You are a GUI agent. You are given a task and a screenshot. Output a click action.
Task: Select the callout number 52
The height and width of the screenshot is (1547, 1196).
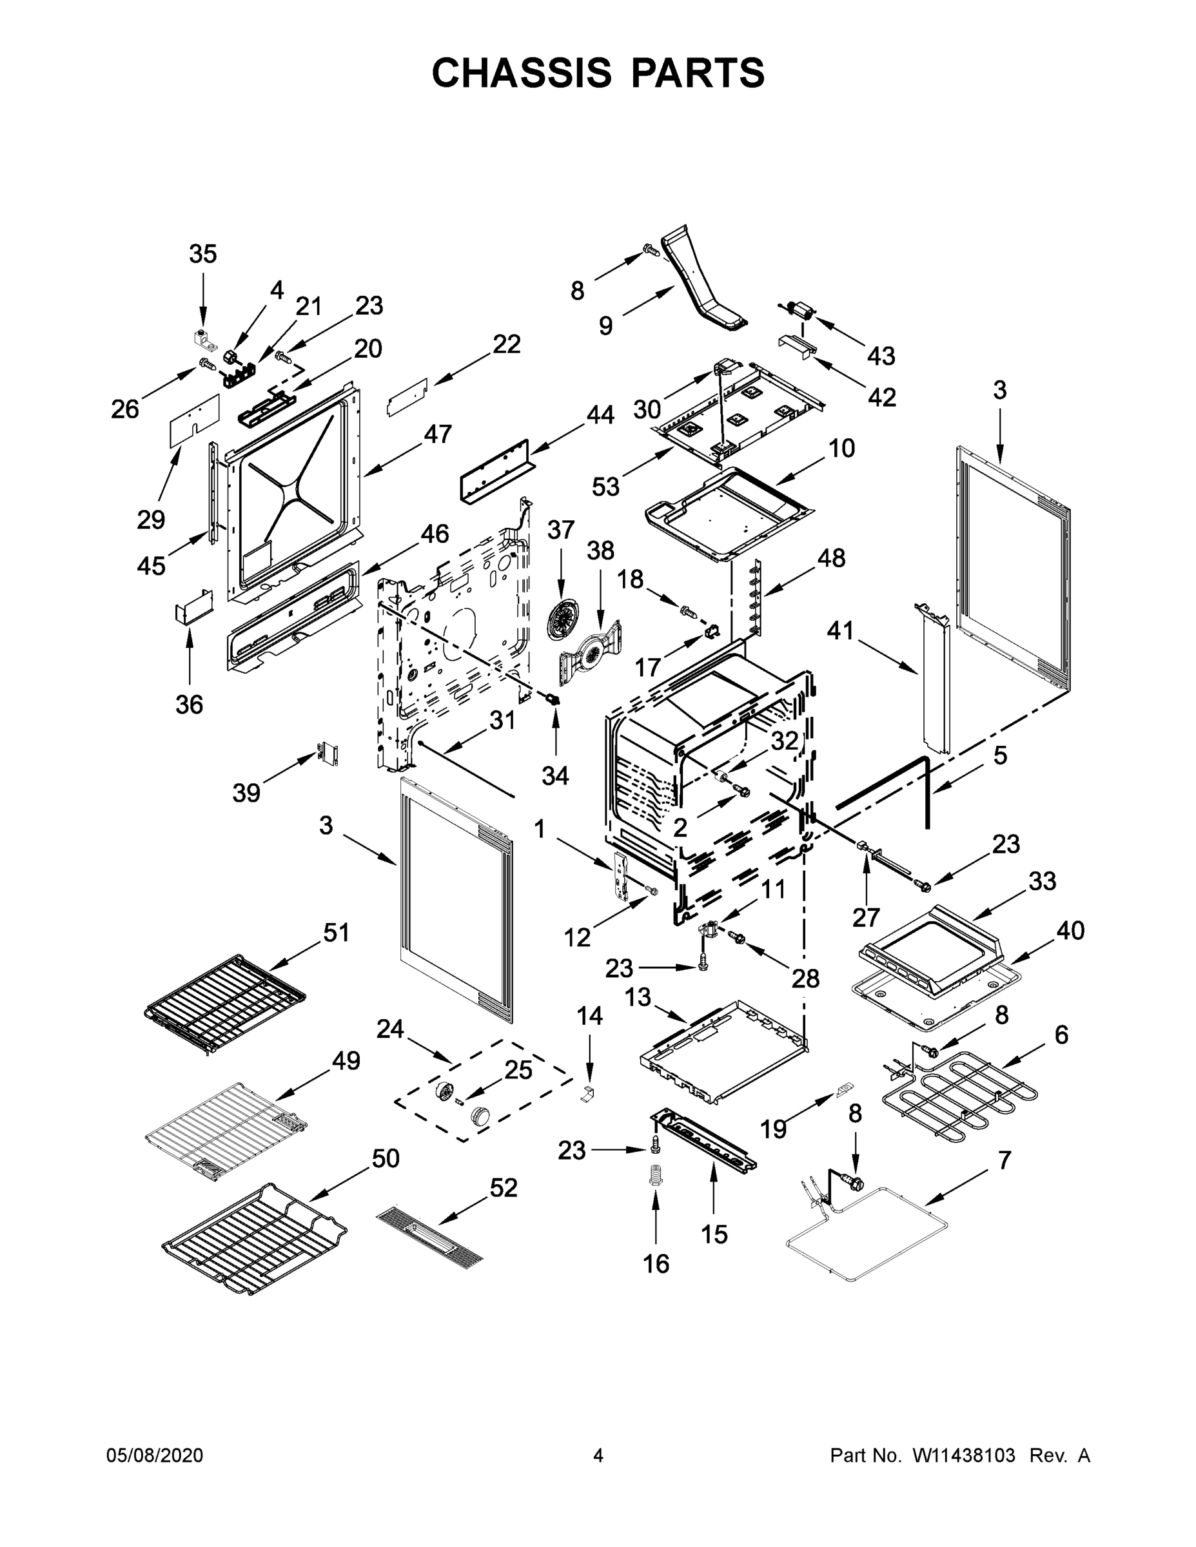coord(503,1187)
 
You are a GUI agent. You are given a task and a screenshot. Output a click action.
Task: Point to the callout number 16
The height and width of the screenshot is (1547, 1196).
coord(656,1263)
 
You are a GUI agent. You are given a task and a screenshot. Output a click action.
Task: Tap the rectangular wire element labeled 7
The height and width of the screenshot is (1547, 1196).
coord(868,1232)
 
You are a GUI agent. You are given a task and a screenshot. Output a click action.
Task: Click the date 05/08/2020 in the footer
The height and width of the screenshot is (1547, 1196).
coord(155,1455)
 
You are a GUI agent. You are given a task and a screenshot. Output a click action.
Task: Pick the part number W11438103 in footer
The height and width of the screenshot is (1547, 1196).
coord(964,1455)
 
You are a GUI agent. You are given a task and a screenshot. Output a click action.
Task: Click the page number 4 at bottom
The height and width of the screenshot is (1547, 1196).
coord(598,1455)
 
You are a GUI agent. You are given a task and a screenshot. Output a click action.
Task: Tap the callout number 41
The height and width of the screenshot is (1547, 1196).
coord(840,630)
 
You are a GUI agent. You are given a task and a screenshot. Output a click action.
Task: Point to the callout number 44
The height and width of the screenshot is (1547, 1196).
coord(600,415)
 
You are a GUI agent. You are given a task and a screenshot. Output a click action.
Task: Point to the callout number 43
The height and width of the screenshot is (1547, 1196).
coord(881,356)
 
